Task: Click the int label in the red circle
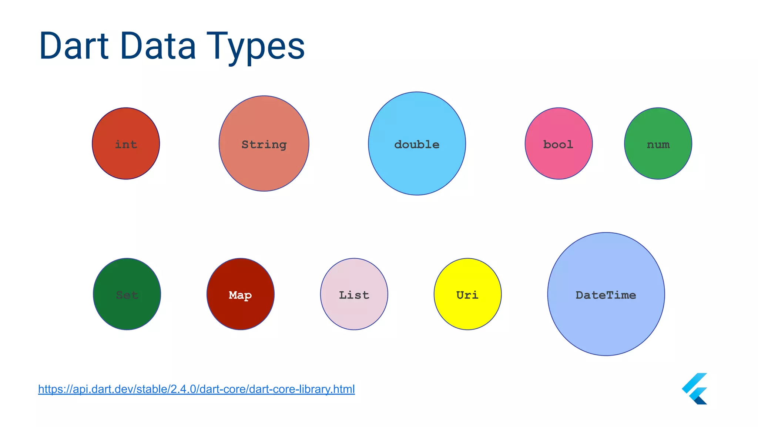pos(126,144)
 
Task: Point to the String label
pos(264,145)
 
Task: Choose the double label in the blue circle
pos(417,144)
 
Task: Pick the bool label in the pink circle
pos(558,144)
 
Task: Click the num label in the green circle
pos(658,145)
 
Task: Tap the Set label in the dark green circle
pos(127,295)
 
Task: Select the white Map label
pos(240,295)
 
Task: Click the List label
pos(354,295)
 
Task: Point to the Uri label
pos(467,295)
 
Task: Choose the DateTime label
pos(606,295)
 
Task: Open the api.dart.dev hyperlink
pos(196,389)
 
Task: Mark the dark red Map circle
pos(241,313)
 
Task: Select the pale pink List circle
pos(354,313)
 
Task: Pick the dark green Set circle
pos(127,313)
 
